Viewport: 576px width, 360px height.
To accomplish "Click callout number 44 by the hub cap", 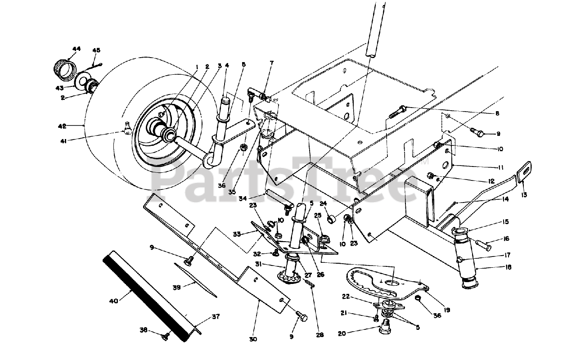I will point(76,49).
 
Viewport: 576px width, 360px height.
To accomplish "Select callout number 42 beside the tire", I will point(74,126).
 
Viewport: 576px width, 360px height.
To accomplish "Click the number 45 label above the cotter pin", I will point(96,50).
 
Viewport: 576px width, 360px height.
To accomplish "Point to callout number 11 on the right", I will point(500,167).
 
